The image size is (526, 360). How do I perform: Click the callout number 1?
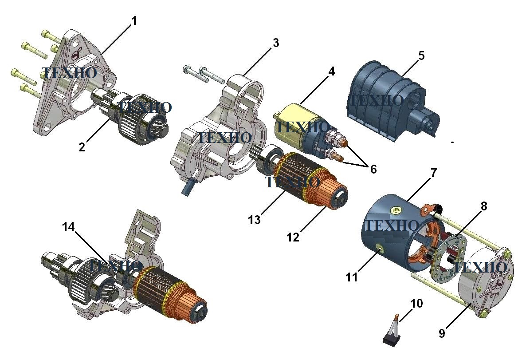(134, 21)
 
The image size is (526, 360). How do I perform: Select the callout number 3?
(276, 43)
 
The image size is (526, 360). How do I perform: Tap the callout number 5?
(421, 55)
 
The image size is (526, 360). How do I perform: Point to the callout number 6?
(373, 169)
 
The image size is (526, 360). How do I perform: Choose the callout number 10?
(416, 304)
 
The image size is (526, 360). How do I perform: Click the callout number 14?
(68, 227)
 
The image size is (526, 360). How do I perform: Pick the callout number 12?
(293, 237)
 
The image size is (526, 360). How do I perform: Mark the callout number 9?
(442, 333)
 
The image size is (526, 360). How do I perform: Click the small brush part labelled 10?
(393, 332)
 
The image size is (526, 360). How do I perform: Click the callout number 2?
(82, 147)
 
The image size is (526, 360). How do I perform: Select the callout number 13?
(254, 220)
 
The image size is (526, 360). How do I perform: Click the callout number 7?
(434, 173)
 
